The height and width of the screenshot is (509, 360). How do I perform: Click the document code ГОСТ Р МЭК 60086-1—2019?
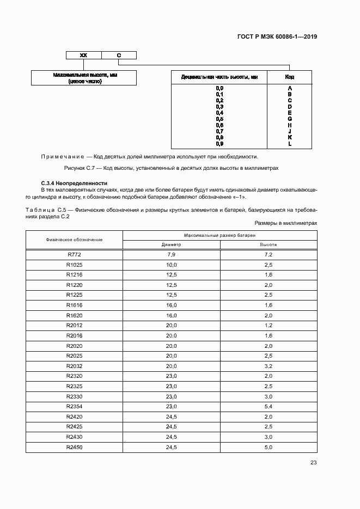[277, 37]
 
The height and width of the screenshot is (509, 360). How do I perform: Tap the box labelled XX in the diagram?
[83, 55]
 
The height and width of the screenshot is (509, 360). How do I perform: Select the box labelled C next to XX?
[119, 55]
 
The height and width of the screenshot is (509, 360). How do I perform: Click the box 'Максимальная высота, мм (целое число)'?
[83, 78]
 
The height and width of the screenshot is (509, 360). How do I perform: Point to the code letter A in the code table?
[290, 88]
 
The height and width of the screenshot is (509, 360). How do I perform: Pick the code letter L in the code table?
[290, 144]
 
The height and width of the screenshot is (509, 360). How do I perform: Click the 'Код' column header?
[290, 77]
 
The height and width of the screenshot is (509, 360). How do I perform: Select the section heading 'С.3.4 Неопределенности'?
[75, 183]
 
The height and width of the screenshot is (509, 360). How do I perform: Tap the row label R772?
[74, 255]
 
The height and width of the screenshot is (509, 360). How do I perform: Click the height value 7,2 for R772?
[269, 255]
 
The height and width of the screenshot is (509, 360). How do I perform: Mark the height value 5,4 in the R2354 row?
[269, 406]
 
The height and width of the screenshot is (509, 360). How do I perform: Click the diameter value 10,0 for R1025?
[172, 265]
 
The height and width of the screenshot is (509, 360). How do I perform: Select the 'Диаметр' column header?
[171, 244]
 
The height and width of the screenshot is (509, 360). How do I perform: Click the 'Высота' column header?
[269, 244]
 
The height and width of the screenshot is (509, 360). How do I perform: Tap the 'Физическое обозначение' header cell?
[74, 240]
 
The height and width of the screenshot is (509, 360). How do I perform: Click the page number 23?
[313, 463]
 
